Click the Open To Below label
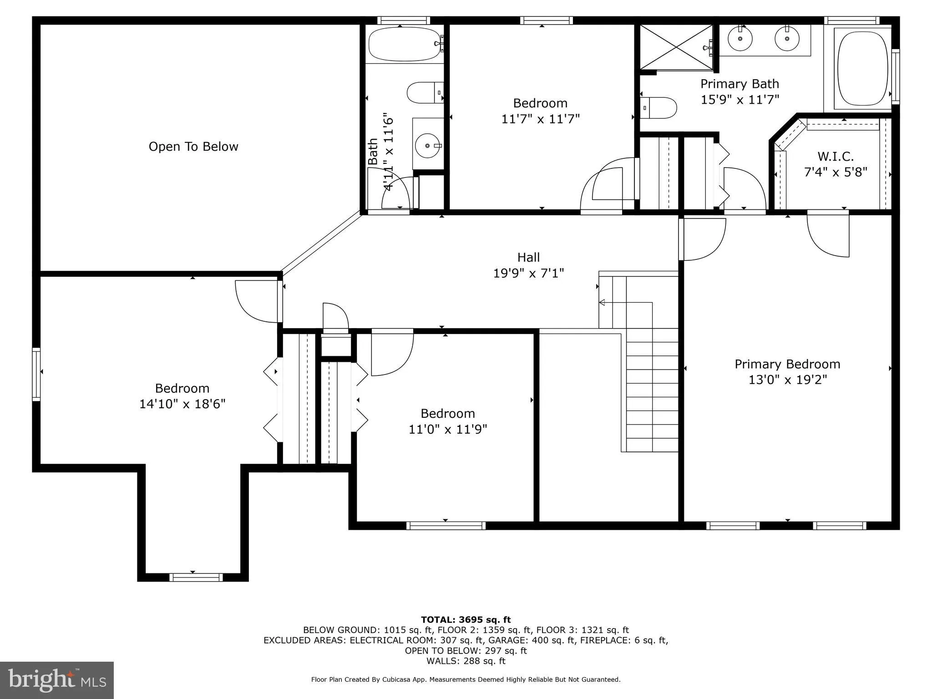pyautogui.click(x=193, y=147)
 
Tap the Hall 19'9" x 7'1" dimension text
pyautogui.click(x=528, y=273)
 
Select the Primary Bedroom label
pyautogui.click(x=787, y=364)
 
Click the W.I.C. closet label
pyautogui.click(x=836, y=157)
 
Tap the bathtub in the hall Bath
pyautogui.click(x=404, y=44)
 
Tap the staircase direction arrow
pyautogui.click(x=602, y=302)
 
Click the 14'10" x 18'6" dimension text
pyautogui.click(x=182, y=404)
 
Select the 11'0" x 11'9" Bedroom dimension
pyautogui.click(x=448, y=429)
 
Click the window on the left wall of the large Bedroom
pyautogui.click(x=36, y=375)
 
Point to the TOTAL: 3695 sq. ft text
pyautogui.click(x=466, y=619)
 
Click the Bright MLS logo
pyautogui.click(x=57, y=680)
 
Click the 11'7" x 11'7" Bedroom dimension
pyautogui.click(x=540, y=119)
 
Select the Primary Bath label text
pyautogui.click(x=740, y=84)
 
